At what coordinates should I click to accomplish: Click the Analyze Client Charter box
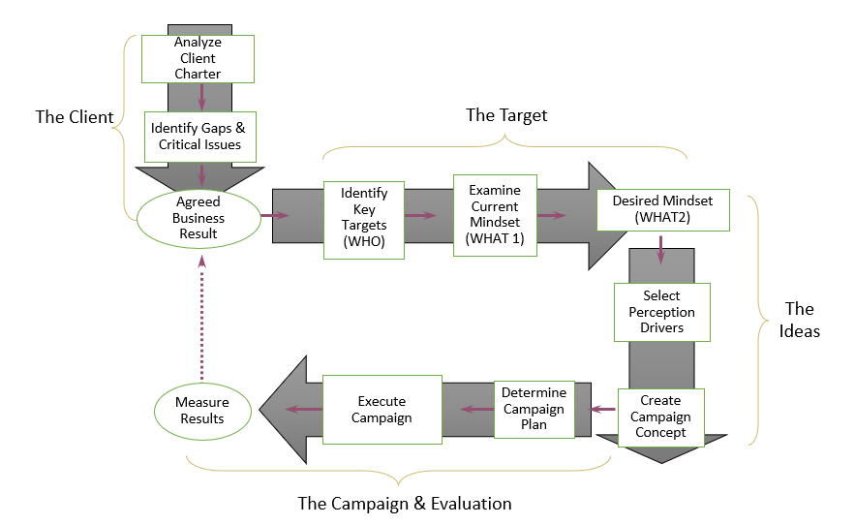tap(198, 59)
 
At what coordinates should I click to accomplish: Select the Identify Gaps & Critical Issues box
tap(200, 137)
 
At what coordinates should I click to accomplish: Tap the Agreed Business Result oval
tap(198, 218)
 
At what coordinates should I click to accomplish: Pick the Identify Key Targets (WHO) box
tap(363, 219)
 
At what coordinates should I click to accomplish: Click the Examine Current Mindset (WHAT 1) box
tap(495, 215)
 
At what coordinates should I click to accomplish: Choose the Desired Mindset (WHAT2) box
tap(662, 209)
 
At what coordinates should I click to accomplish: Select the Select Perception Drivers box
tap(661, 312)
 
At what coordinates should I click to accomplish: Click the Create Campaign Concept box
tap(660, 416)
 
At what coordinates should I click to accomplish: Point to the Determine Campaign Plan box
tap(534, 408)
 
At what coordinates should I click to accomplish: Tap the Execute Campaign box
tap(382, 410)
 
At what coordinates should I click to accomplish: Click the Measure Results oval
tap(201, 411)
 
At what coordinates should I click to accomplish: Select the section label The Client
tap(75, 117)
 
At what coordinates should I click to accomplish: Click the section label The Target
tap(506, 115)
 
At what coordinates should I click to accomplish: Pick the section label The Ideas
tap(800, 320)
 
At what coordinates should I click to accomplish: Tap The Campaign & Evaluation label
tap(404, 504)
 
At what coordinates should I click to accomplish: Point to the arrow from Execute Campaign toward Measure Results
tap(302, 410)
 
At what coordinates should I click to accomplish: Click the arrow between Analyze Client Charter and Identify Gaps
tap(200, 96)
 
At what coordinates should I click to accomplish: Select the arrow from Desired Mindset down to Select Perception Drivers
tap(661, 254)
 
